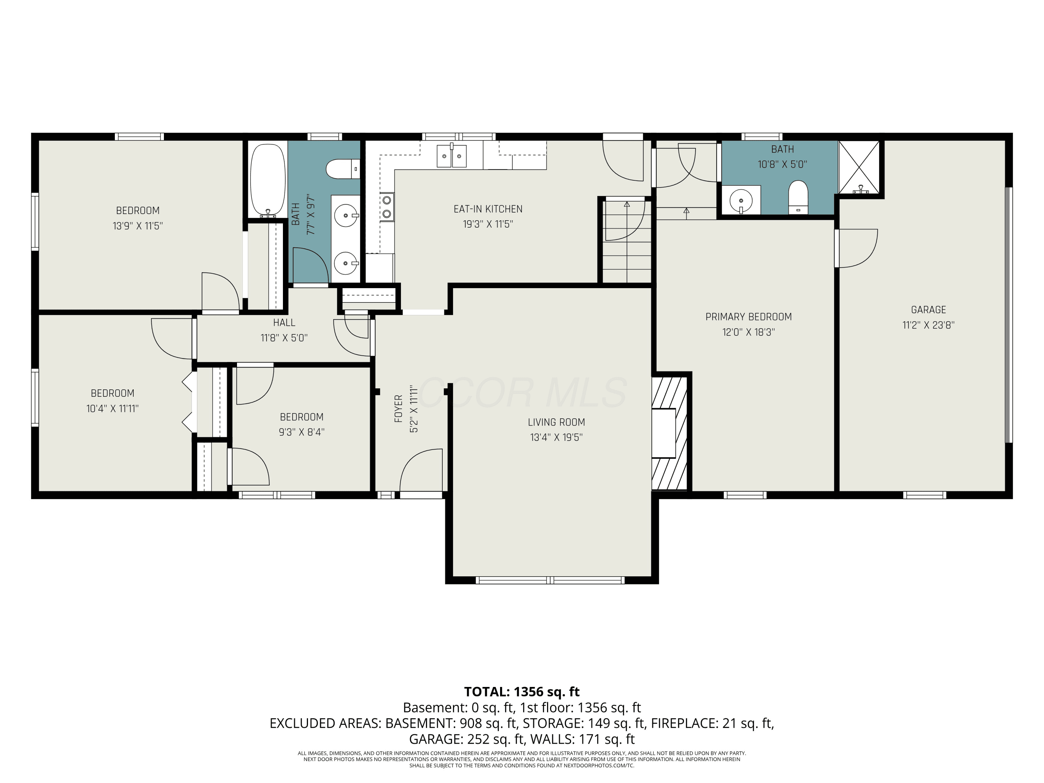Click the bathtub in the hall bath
point(268,181)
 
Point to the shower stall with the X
point(859,167)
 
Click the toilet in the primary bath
point(798,196)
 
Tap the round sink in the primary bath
point(741,200)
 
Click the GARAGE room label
point(928,310)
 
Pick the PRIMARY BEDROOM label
point(749,317)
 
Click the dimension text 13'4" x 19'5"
point(556,437)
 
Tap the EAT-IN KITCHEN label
point(488,208)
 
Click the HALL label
point(284,322)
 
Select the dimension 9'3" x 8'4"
point(302,432)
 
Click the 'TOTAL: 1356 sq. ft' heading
point(522,691)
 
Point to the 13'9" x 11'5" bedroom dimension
point(138,226)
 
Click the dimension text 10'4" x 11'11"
point(112,408)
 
